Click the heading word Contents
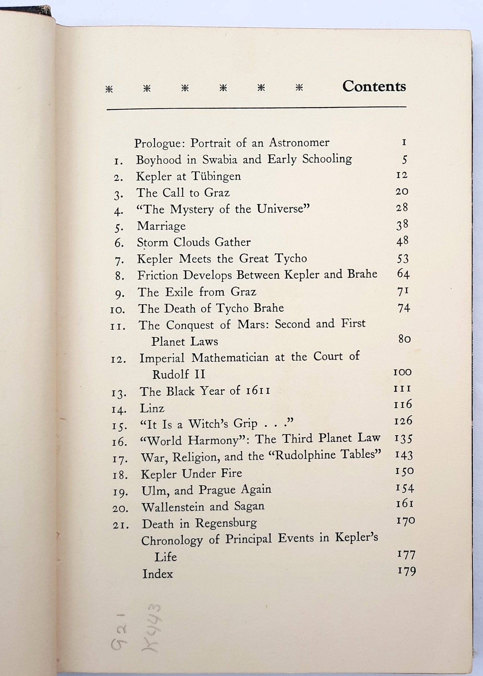coord(374,87)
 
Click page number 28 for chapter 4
coord(402,208)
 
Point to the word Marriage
coord(161,226)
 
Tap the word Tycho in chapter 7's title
coord(290,258)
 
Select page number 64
coord(403,274)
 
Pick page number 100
coord(402,372)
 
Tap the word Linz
coord(152,408)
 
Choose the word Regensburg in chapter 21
coord(226,523)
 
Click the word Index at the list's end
coord(157,574)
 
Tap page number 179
coord(406,571)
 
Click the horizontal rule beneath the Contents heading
coord(256,108)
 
